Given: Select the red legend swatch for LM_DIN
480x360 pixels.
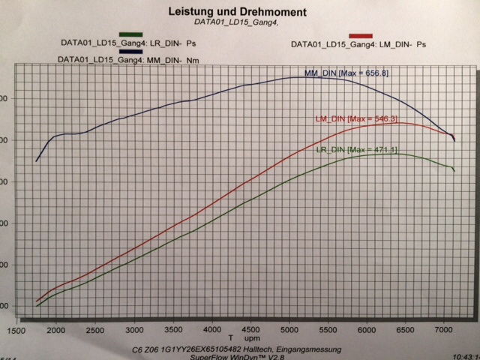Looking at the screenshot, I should [361, 35].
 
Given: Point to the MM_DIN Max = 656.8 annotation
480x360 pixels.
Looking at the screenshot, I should [346, 73].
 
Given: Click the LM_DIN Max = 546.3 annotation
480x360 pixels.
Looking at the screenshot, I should [355, 119].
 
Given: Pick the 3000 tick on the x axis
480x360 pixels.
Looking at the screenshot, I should [134, 331].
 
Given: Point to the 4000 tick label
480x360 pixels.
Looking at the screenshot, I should [213, 331].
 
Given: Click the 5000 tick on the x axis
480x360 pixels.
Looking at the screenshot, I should [291, 331].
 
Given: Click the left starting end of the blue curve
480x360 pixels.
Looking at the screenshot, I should [36, 161].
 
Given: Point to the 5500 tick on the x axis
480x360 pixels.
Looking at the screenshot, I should [330, 331].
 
